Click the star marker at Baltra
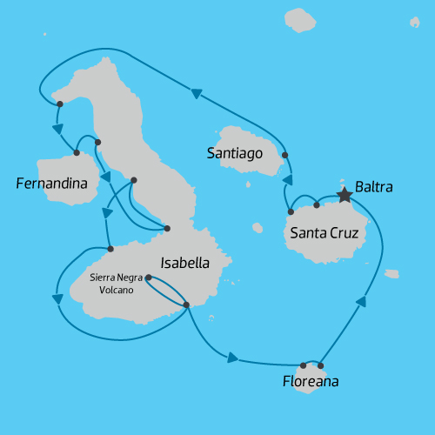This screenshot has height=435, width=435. pyautogui.click(x=345, y=195)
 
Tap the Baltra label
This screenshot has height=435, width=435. pyautogui.click(x=374, y=187)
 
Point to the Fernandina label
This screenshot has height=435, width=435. pyautogui.click(x=51, y=184)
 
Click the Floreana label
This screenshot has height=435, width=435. pyautogui.click(x=311, y=381)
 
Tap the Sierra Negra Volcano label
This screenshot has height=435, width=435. pyautogui.click(x=112, y=284)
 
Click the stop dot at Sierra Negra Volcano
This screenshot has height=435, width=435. pyautogui.click(x=149, y=278)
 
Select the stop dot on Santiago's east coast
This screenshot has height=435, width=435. pyautogui.click(x=285, y=156)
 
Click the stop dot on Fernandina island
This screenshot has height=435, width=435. pyautogui.click(x=77, y=153)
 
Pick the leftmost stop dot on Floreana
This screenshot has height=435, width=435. pyautogui.click(x=304, y=365)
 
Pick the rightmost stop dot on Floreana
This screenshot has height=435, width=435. pyautogui.click(x=321, y=365)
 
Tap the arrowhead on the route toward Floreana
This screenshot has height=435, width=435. pyautogui.click(x=231, y=358)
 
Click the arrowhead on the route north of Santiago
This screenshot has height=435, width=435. pyautogui.click(x=196, y=92)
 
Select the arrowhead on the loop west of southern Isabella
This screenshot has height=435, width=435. pyautogui.click(x=58, y=299)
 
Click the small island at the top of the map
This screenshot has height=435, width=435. pyautogui.click(x=300, y=21)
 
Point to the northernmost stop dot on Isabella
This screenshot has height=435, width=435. pyautogui.click(x=59, y=104)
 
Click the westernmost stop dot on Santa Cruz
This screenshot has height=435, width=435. pyautogui.click(x=291, y=211)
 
